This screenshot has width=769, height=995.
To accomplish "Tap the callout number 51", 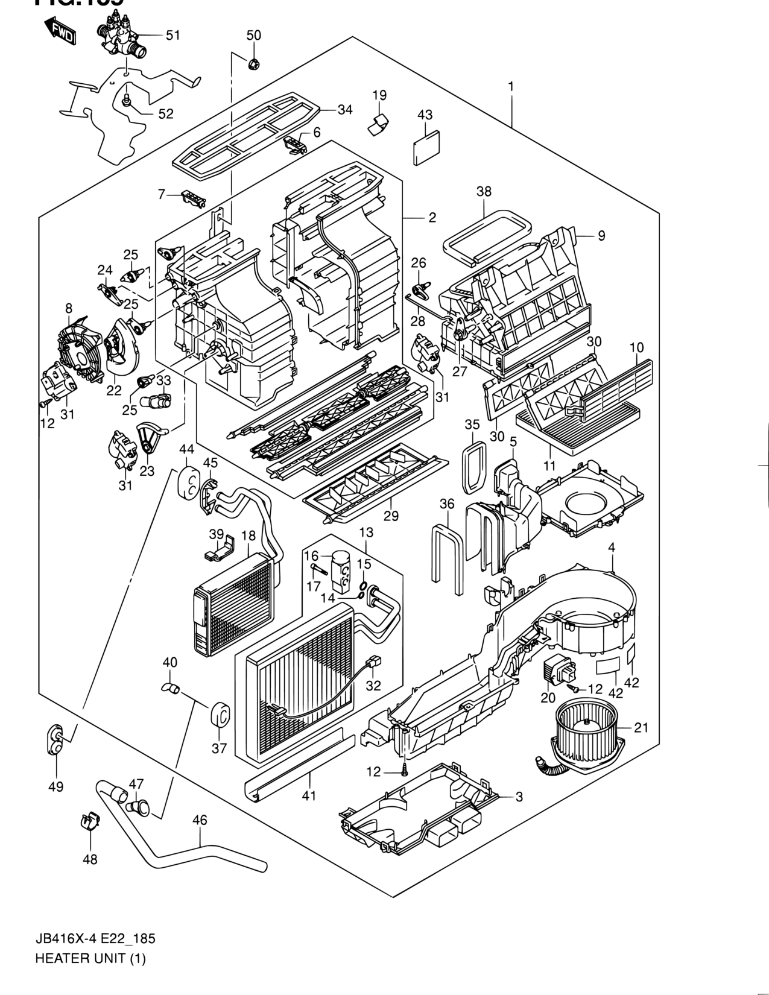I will tap(173, 36).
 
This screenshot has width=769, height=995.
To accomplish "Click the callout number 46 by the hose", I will tap(200, 821).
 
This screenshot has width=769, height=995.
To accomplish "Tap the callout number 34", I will tap(345, 110).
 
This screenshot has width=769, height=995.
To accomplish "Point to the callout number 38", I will tap(484, 192).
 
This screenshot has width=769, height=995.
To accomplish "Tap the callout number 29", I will tap(391, 516).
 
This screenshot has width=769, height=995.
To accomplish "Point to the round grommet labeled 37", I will tap(219, 716).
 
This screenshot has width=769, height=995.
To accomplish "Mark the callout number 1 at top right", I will tap(511, 86).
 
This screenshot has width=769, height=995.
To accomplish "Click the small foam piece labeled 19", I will tap(378, 122).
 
